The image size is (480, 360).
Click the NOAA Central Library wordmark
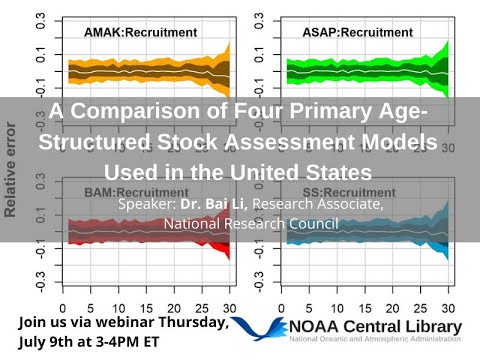[x=374, y=327]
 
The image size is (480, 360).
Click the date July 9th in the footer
[x=45, y=341]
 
